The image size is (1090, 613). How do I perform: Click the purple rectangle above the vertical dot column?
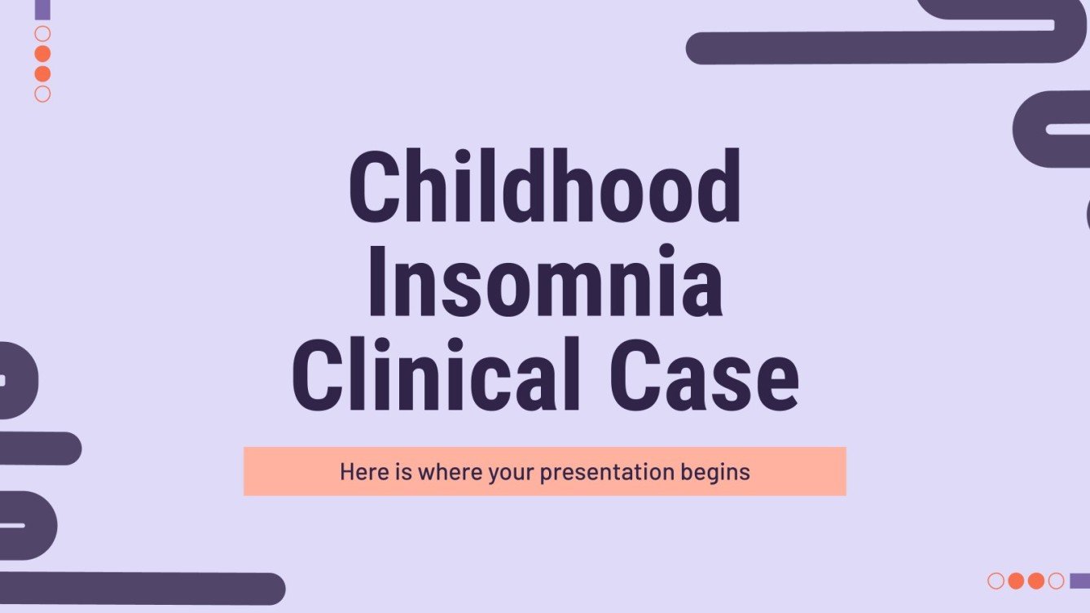click(x=43, y=9)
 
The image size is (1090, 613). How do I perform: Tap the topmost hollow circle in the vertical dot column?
click(x=43, y=34)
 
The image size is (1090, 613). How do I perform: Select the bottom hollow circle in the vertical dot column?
click(x=43, y=94)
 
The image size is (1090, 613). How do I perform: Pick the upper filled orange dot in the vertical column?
click(x=43, y=54)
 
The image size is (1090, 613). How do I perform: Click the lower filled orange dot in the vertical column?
click(x=43, y=74)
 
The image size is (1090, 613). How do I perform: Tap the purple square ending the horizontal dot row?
click(x=1079, y=580)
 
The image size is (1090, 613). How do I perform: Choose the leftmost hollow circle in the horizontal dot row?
click(x=996, y=580)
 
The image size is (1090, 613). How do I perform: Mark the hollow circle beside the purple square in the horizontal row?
click(x=1056, y=580)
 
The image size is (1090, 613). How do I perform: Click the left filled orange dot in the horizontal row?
click(x=1016, y=580)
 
